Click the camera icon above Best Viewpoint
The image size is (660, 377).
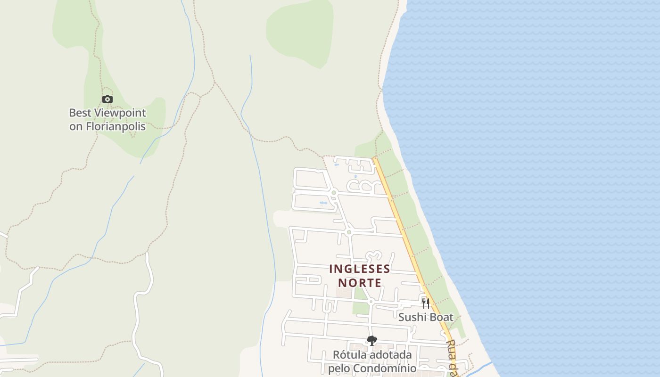[x=107, y=99]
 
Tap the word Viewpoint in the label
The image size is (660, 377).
[x=121, y=113]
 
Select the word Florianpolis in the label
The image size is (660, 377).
[x=115, y=126]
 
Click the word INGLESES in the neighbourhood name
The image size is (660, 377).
[x=360, y=269]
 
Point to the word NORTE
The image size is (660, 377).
[x=360, y=283]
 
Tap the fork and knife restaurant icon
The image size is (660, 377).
[x=426, y=303]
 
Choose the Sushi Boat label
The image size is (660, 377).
[x=426, y=317]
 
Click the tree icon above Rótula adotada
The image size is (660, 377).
[x=372, y=340]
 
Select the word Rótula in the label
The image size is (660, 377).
[x=348, y=354]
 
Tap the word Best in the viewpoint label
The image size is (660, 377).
[x=81, y=113]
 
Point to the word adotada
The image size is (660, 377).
[x=390, y=354]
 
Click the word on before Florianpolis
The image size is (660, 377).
[x=76, y=126]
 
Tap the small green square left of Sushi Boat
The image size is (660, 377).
[x=361, y=308]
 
